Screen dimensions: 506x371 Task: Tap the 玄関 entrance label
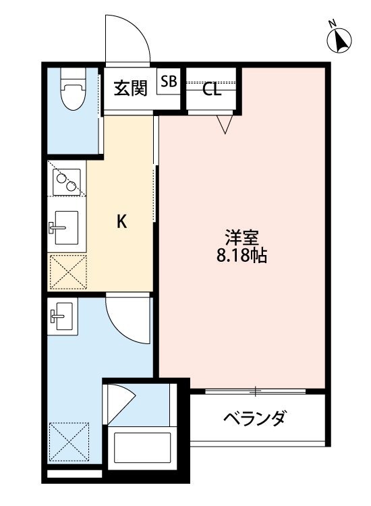(x=130, y=89)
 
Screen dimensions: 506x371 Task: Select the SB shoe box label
(x=169, y=82)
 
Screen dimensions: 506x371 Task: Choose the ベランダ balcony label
(x=254, y=418)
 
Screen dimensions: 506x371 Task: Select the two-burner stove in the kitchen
(x=67, y=181)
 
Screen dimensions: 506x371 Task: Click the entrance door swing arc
(x=127, y=40)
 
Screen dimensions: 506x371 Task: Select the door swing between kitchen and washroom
(x=128, y=321)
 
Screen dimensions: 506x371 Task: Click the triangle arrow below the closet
(x=225, y=123)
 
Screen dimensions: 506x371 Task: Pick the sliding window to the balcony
(x=256, y=391)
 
